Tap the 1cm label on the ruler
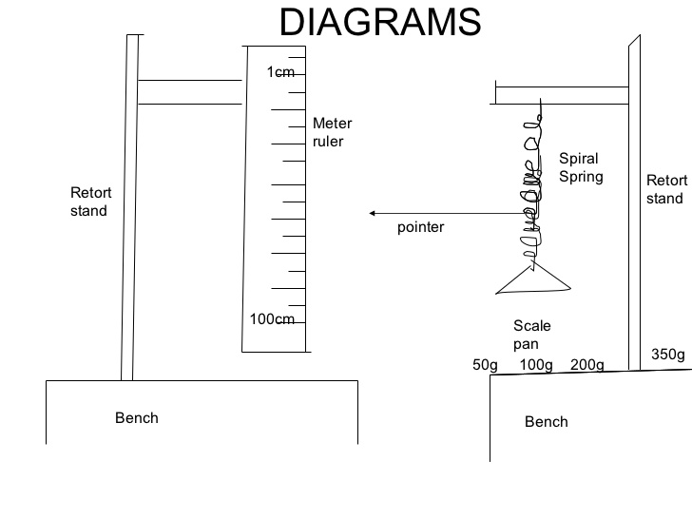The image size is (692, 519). [x=280, y=72]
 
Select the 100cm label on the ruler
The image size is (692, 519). [x=272, y=318]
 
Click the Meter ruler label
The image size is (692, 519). [x=332, y=132]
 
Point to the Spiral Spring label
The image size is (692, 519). [x=580, y=167]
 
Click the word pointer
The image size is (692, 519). [x=420, y=228]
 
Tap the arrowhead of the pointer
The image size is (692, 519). [x=374, y=213]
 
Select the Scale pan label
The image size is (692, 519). [x=531, y=336]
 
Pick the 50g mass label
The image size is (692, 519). [x=485, y=364]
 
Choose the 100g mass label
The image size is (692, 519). [x=537, y=364]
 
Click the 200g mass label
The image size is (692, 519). [x=586, y=364]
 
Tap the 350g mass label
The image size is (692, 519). [x=667, y=355]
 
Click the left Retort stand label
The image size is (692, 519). [x=88, y=202]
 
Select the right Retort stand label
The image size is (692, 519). [x=664, y=189]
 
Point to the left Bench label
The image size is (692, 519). [x=137, y=417]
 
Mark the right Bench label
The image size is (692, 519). [x=547, y=421]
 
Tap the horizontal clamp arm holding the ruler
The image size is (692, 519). [x=190, y=91]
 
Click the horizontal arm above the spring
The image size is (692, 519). [x=561, y=94]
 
